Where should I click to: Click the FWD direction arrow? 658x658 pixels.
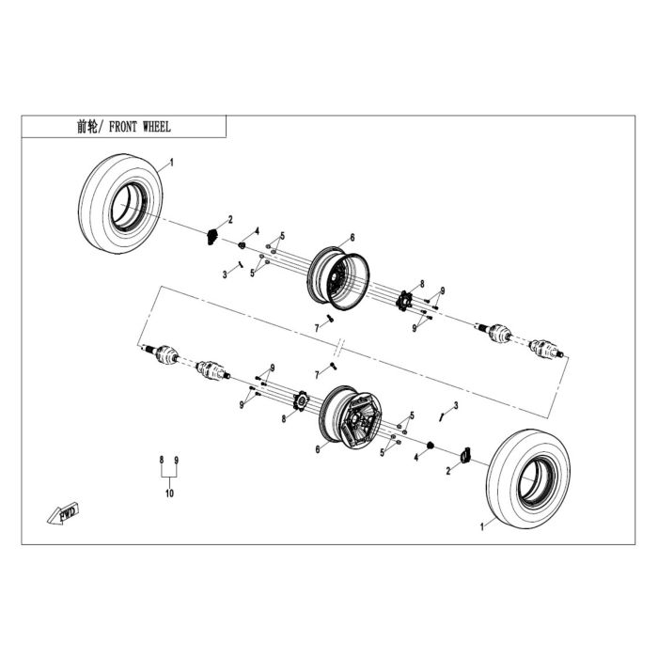tap(63, 513)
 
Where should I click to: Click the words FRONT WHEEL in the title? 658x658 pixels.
tap(140, 127)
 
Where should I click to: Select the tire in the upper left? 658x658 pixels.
tap(120, 204)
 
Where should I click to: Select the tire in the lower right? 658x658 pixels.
tap(528, 478)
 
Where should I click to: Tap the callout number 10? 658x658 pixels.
tap(169, 493)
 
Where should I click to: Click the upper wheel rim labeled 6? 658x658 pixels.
tap(338, 278)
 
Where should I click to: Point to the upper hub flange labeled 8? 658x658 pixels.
tap(404, 301)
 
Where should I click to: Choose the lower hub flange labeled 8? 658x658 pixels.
tap(301, 400)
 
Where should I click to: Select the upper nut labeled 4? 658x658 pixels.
tap(242, 245)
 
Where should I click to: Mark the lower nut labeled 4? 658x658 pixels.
tap(430, 445)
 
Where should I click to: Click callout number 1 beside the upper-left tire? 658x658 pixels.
tap(171, 163)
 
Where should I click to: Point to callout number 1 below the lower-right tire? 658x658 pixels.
tap(482, 526)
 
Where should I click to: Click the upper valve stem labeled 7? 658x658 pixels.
tap(330, 319)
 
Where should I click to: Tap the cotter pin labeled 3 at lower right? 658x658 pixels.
tap(442, 416)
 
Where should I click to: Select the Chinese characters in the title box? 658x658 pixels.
tap(87, 127)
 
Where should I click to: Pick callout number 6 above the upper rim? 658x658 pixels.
tap(352, 238)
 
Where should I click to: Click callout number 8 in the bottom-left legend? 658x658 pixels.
tap(162, 461)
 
